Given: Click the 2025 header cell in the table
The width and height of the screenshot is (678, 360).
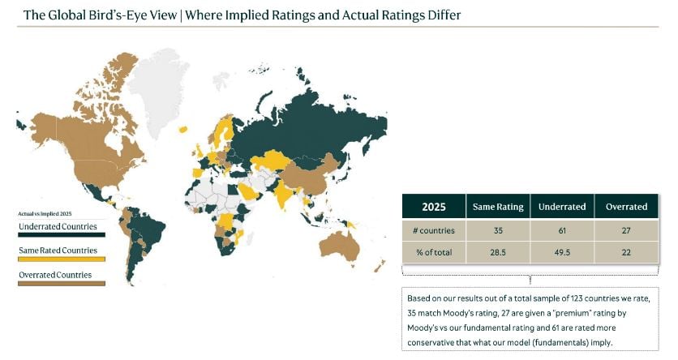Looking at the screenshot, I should click(x=433, y=206).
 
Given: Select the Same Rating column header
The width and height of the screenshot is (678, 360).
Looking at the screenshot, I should click(x=498, y=206).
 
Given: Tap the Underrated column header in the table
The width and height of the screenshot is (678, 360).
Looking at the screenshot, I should click(x=562, y=206).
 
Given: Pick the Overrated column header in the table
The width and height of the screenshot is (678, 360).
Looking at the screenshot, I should click(x=626, y=206).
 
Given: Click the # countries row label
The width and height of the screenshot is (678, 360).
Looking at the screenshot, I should click(x=433, y=230).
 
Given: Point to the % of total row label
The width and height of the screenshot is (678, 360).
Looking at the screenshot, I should click(x=433, y=252).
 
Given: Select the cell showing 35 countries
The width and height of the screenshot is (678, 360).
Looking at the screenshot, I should click(x=498, y=230).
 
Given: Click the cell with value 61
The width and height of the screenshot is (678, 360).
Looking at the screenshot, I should click(x=562, y=230).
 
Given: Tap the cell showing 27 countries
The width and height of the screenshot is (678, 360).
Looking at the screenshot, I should click(x=626, y=230).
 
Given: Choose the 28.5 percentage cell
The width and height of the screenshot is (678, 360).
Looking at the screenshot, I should click(x=498, y=252).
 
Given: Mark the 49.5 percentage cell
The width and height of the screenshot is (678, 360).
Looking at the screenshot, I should click(x=562, y=252).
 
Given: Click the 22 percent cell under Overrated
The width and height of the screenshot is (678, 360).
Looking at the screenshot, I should click(x=626, y=252).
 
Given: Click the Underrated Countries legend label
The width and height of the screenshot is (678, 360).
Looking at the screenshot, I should click(x=58, y=226).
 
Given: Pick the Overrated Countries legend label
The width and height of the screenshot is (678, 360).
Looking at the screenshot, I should click(x=54, y=275).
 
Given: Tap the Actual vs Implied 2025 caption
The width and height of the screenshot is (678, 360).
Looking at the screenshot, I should click(x=40, y=213).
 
